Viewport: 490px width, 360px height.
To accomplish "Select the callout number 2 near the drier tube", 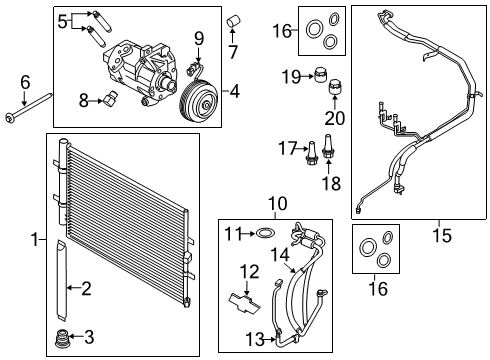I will point(86,289).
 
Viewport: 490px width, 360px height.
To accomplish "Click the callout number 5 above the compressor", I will point(63,19).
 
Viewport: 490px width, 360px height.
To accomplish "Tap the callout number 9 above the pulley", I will point(198,39).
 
